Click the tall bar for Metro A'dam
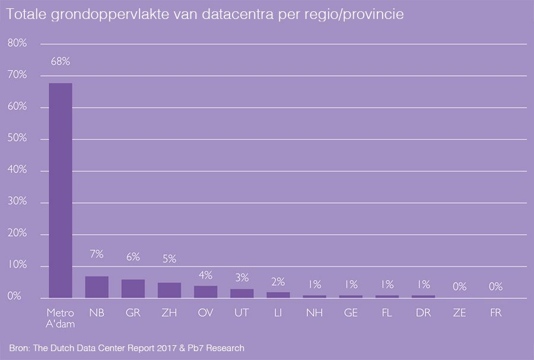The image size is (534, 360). pyautogui.click(x=61, y=190)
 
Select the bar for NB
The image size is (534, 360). pyautogui.click(x=97, y=287)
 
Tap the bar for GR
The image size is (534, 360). pyautogui.click(x=133, y=289)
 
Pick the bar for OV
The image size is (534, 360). pyautogui.click(x=205, y=292)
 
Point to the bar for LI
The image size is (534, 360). pyautogui.click(x=278, y=295)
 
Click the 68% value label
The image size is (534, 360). pyautogui.click(x=61, y=61)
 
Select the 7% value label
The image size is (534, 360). pyautogui.click(x=97, y=254)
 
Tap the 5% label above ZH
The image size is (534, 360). pyautogui.click(x=169, y=259)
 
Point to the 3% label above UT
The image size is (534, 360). pyautogui.click(x=241, y=278)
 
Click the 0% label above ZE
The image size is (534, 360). pyautogui.click(x=459, y=286)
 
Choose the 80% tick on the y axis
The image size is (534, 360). pyautogui.click(x=17, y=43)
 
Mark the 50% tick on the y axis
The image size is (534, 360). pyautogui.click(x=17, y=139)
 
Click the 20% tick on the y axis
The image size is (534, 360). pyautogui.click(x=17, y=234)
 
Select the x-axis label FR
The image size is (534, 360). pyautogui.click(x=495, y=313)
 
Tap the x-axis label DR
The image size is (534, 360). pyautogui.click(x=423, y=313)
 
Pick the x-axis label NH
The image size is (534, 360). pyautogui.click(x=314, y=313)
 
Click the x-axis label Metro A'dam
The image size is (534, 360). pyautogui.click(x=61, y=317)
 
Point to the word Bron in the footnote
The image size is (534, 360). pyautogui.click(x=20, y=347)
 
